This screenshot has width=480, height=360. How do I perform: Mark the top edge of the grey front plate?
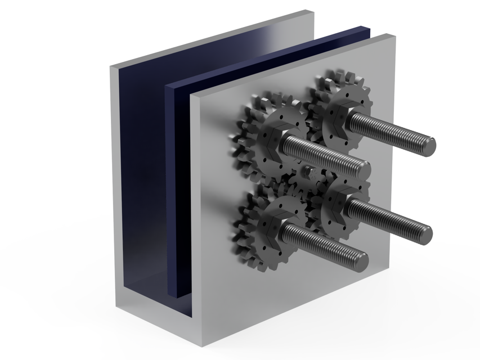point(293,65)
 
